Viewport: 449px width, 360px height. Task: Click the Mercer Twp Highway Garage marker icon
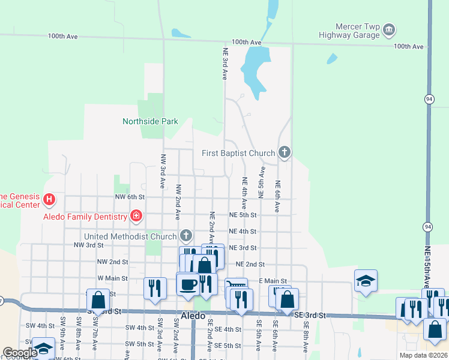click(389, 29)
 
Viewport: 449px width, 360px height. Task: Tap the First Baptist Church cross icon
click(284, 153)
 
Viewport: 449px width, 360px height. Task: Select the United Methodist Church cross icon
click(186, 236)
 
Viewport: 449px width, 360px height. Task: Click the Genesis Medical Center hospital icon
click(49, 199)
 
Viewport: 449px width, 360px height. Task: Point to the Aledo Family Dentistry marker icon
click(136, 216)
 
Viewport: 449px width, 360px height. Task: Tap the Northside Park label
click(150, 121)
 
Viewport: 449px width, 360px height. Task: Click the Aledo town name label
click(193, 315)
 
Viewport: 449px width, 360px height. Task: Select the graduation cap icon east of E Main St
click(366, 281)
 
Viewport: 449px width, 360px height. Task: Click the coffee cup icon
click(188, 284)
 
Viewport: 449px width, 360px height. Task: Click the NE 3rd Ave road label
click(225, 64)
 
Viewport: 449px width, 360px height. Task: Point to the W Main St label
click(113, 278)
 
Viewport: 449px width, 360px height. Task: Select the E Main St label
click(273, 281)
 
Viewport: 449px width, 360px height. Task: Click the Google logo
click(20, 353)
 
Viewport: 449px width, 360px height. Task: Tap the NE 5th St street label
click(243, 214)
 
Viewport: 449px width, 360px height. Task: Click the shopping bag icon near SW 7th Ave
click(98, 299)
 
